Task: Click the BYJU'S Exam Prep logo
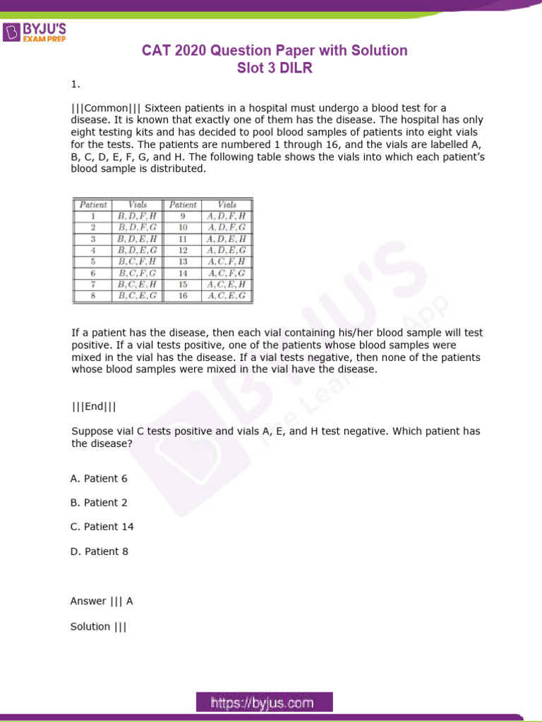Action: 35,33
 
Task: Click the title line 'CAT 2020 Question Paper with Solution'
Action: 275,51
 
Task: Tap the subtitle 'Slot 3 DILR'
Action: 275,68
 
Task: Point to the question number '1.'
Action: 76,85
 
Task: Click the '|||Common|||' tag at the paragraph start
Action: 107,108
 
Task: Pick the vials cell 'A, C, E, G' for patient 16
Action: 227,296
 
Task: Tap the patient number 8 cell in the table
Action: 92,296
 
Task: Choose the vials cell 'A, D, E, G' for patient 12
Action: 227,250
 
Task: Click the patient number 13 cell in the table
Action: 182,262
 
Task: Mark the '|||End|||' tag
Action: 94,406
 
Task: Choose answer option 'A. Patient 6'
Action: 99,479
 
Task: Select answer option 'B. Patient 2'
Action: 99,503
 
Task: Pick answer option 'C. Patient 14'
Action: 102,527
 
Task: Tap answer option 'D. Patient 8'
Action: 99,551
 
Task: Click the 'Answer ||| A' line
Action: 102,601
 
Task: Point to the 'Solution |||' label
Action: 98,626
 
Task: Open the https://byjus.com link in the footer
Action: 262,702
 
